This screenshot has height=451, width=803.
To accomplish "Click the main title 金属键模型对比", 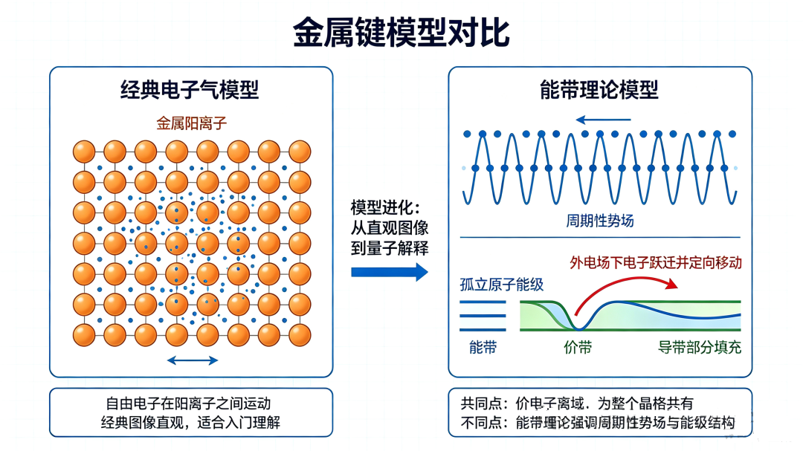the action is coord(401,33).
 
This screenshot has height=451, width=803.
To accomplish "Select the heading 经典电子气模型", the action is coord(190,90).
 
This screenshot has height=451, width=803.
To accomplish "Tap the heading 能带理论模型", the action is coord(599,90).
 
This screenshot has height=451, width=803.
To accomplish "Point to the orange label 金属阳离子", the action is coord(192,123).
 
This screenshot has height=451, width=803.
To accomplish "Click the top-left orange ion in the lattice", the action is coord(84,152).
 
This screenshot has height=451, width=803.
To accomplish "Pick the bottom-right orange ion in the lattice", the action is coord(300,335).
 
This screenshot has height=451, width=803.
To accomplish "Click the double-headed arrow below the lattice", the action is coord(193,360).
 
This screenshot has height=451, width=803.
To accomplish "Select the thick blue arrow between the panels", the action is coord(389,272).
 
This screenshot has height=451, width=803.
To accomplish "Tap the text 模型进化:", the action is coord(386,207).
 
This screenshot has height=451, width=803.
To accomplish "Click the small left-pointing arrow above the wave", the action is coord(603,120).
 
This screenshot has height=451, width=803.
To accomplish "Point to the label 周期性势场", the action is coord(600,221).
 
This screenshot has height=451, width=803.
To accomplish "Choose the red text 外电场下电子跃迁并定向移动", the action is coord(656,262).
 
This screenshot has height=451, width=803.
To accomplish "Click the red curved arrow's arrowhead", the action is coord(672,284).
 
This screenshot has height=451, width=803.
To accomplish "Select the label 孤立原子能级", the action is coord(502,285).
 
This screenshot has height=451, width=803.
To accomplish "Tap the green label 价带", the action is coord(578,348).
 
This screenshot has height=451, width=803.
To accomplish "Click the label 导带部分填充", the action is coord(700,348).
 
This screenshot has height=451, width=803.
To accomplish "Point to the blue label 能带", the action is coord(483,348).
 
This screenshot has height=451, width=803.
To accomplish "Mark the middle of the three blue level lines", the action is coord(483,316).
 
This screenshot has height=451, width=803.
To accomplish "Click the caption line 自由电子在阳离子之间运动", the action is coord(188,403).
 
